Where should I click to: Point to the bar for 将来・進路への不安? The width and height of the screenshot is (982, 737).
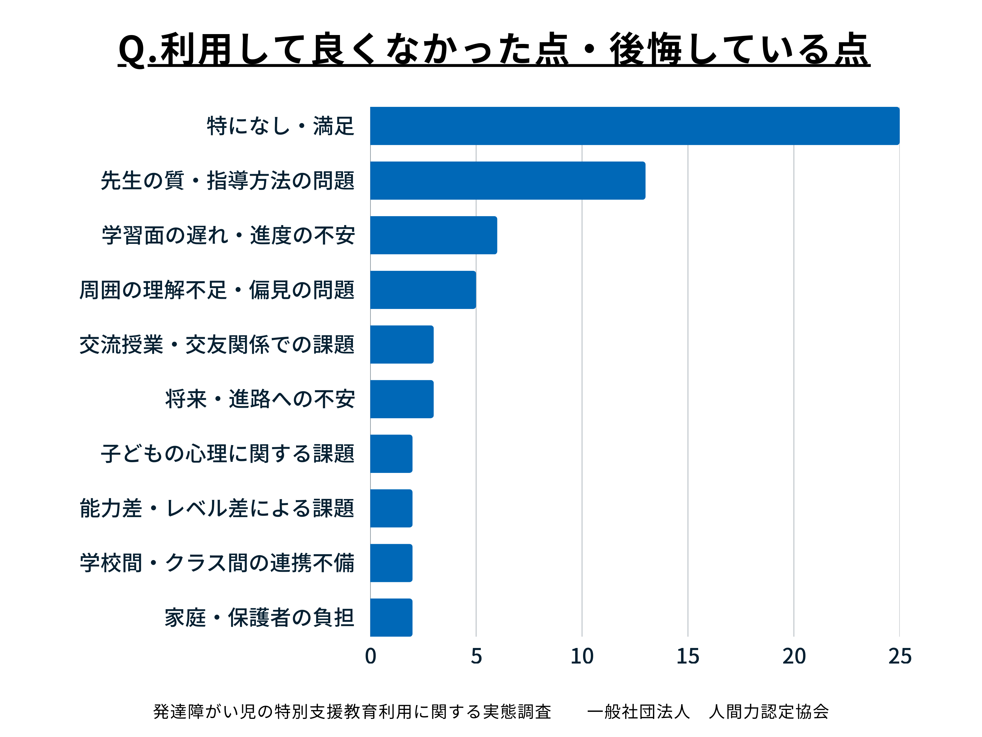point(402,399)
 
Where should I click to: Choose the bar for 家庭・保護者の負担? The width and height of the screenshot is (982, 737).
point(391,618)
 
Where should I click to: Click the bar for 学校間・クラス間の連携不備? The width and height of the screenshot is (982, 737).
point(391,563)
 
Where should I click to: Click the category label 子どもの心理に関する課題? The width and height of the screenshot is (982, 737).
point(227,454)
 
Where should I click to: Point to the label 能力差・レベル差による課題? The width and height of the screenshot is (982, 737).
point(217,508)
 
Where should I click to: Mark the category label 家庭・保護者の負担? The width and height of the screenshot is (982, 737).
point(259,618)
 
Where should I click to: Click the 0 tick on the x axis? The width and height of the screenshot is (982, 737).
point(371,657)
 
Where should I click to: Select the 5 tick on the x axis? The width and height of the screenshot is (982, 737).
point(476,657)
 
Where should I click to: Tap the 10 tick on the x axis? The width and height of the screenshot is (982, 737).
point(582,657)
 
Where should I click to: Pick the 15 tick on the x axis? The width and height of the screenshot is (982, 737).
point(688,657)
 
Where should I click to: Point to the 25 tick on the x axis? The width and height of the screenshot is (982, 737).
point(900,657)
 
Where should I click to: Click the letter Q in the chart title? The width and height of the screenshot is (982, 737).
point(132,50)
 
